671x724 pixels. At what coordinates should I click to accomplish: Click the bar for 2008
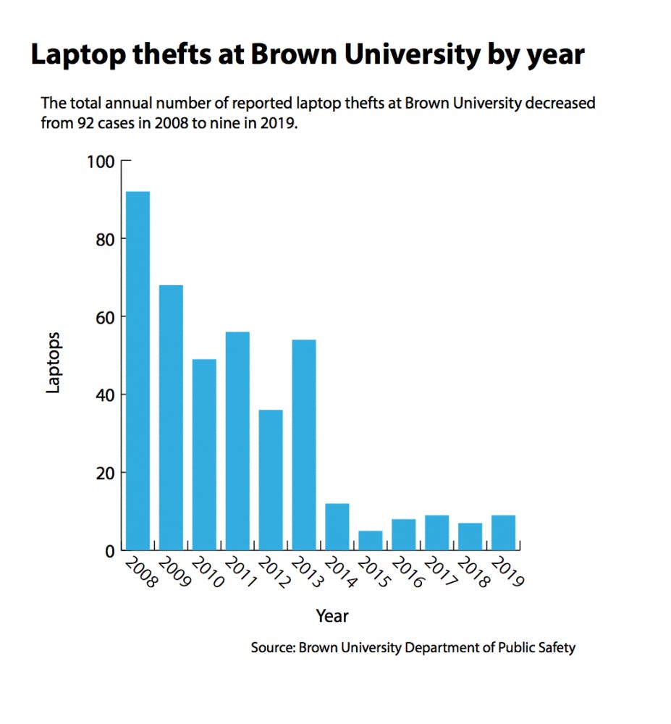click(138, 371)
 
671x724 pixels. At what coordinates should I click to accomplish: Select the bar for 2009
click(171, 418)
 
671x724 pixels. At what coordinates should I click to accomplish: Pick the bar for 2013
click(304, 445)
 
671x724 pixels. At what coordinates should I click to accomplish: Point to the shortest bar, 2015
click(371, 540)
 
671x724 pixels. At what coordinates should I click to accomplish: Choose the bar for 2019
click(504, 532)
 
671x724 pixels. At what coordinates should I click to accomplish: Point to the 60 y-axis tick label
click(105, 317)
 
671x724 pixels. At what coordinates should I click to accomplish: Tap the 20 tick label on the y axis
click(105, 473)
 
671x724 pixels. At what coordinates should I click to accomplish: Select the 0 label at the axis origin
click(110, 551)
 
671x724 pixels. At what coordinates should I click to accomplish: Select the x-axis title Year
click(332, 616)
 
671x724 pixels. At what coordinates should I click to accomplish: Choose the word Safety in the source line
click(555, 647)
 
